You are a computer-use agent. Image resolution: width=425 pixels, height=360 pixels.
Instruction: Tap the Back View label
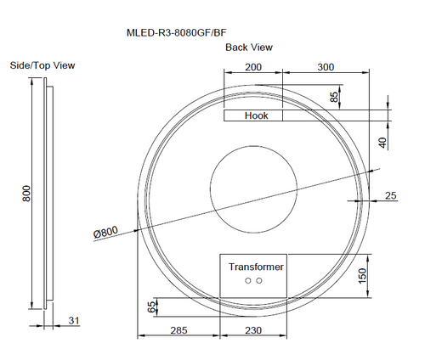click(x=248, y=48)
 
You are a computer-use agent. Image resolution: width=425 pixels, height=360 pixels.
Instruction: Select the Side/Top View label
click(x=42, y=65)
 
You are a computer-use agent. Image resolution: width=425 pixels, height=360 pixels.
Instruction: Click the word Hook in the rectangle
click(x=256, y=115)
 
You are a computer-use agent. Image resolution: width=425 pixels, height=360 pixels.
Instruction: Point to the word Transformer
click(x=256, y=267)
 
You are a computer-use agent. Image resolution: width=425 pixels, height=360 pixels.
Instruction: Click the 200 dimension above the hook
click(x=253, y=66)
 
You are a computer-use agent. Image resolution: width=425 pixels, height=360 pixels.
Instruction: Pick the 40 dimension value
click(x=383, y=142)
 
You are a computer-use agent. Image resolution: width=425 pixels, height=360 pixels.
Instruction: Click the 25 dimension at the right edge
click(x=391, y=196)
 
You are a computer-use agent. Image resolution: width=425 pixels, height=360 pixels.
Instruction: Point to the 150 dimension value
click(x=362, y=276)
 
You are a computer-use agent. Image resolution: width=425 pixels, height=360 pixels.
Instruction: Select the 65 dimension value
click(x=152, y=307)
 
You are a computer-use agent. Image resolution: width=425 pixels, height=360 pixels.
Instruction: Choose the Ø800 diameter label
click(x=106, y=232)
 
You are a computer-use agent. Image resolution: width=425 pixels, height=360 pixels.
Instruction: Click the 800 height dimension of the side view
click(x=26, y=194)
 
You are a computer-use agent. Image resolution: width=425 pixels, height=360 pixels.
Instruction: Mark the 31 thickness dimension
click(x=74, y=320)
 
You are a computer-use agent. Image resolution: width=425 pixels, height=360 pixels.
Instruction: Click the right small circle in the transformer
click(x=260, y=279)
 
